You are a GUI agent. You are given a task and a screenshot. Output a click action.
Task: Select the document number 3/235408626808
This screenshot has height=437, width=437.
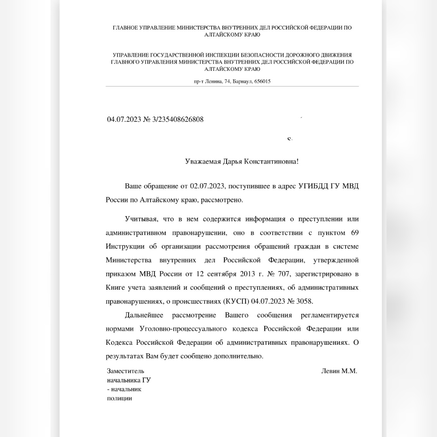(x=178, y=119)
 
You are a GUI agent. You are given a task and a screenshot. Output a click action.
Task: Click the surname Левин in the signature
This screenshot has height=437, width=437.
(x=330, y=371)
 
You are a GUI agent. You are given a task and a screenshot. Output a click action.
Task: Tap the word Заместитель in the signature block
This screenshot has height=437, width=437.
(x=125, y=371)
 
